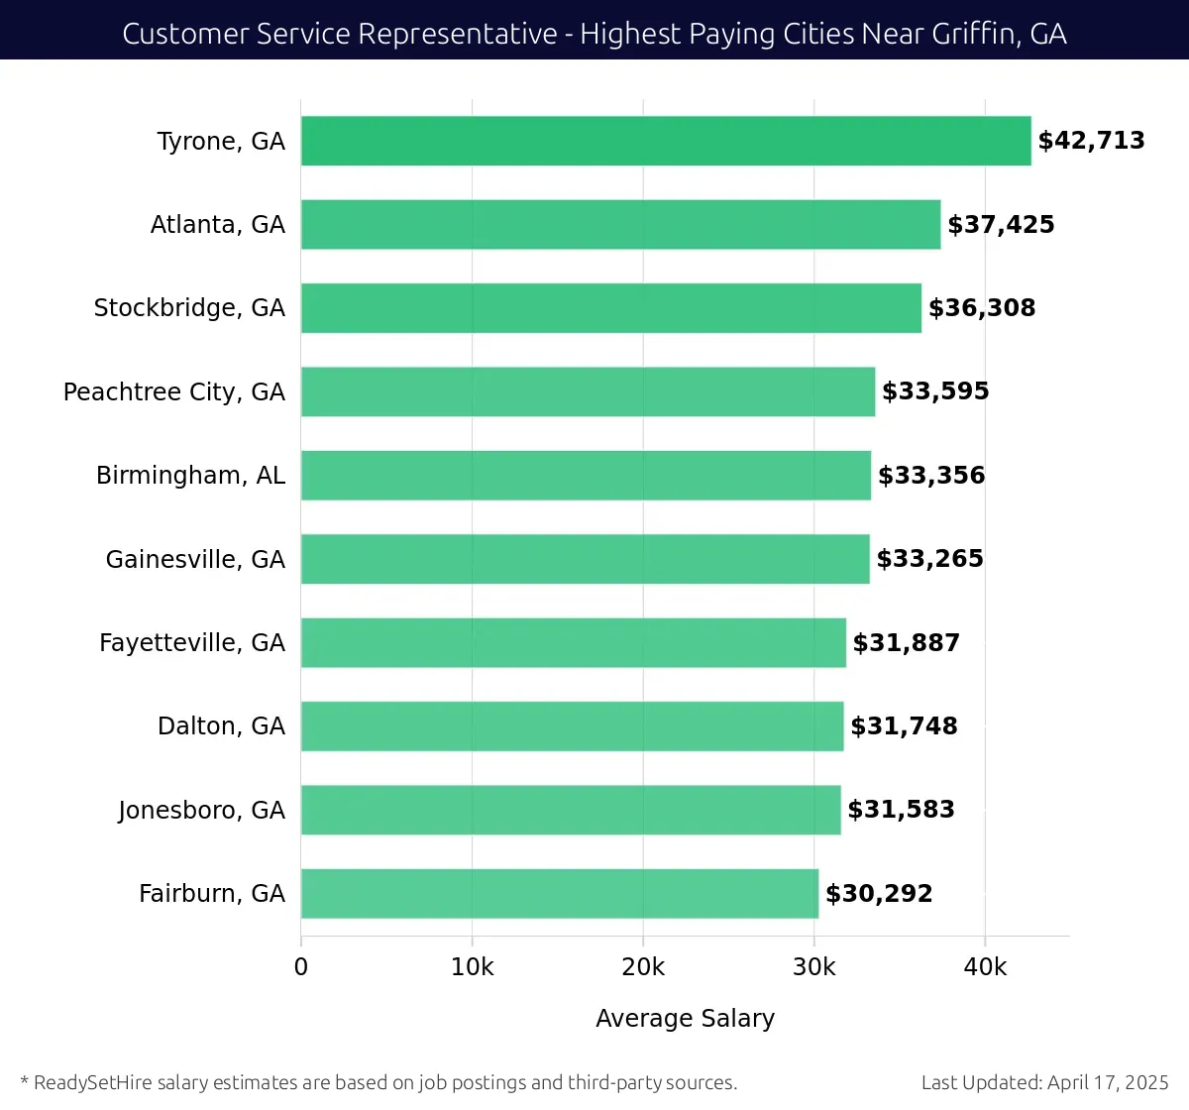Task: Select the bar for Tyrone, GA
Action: (666, 141)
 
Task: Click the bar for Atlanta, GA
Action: (620, 224)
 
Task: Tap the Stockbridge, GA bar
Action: (610, 308)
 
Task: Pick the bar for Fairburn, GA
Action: (560, 893)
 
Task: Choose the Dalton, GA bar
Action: (572, 726)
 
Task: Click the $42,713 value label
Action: (1091, 141)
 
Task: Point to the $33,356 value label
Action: (931, 476)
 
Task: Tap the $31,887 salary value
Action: (906, 643)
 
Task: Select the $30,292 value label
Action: (879, 894)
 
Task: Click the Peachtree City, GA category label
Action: (174, 392)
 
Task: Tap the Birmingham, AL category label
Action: (190, 476)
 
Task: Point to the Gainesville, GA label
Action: (195, 560)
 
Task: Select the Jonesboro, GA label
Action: (201, 811)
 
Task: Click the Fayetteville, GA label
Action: (192, 643)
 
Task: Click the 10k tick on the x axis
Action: (472, 967)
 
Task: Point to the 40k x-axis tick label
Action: (985, 967)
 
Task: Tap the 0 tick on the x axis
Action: (301, 967)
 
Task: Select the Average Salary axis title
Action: (685, 1019)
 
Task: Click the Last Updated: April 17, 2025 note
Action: (1044, 1082)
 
